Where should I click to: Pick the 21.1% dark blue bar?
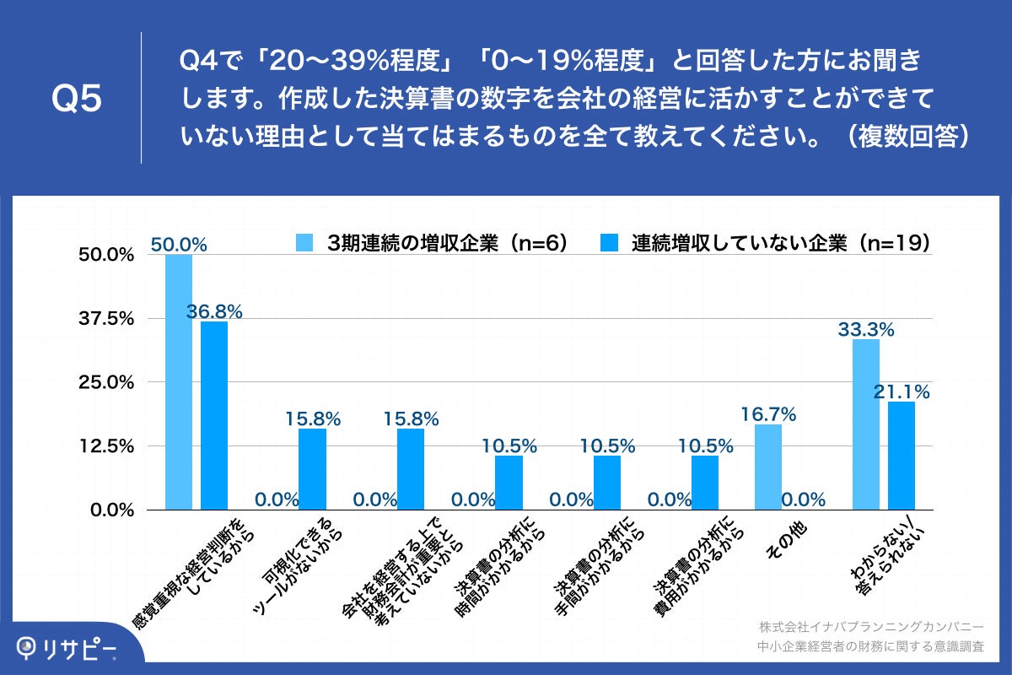coord(902,456)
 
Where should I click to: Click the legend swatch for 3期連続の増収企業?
coord(304,243)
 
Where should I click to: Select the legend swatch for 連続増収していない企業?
coord(609,243)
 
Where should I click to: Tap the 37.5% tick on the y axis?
coord(106,319)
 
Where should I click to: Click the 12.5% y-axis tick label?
coord(106,446)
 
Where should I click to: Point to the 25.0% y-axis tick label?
coord(106,382)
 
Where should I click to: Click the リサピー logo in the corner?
coord(67,648)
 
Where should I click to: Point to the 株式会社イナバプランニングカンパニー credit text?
coord(870,627)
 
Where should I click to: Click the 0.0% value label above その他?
coord(803,499)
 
